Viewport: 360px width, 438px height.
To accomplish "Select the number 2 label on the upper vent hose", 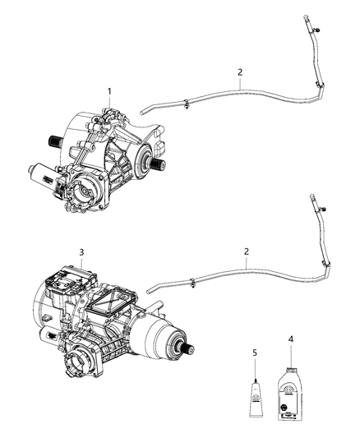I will [239, 72].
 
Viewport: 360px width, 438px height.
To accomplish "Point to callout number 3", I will [81, 251].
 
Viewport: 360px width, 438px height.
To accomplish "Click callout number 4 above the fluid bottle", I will [289, 339].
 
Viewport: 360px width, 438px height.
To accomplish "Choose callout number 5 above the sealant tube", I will [255, 352].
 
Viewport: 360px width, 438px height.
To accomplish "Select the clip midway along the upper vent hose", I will [188, 104].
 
